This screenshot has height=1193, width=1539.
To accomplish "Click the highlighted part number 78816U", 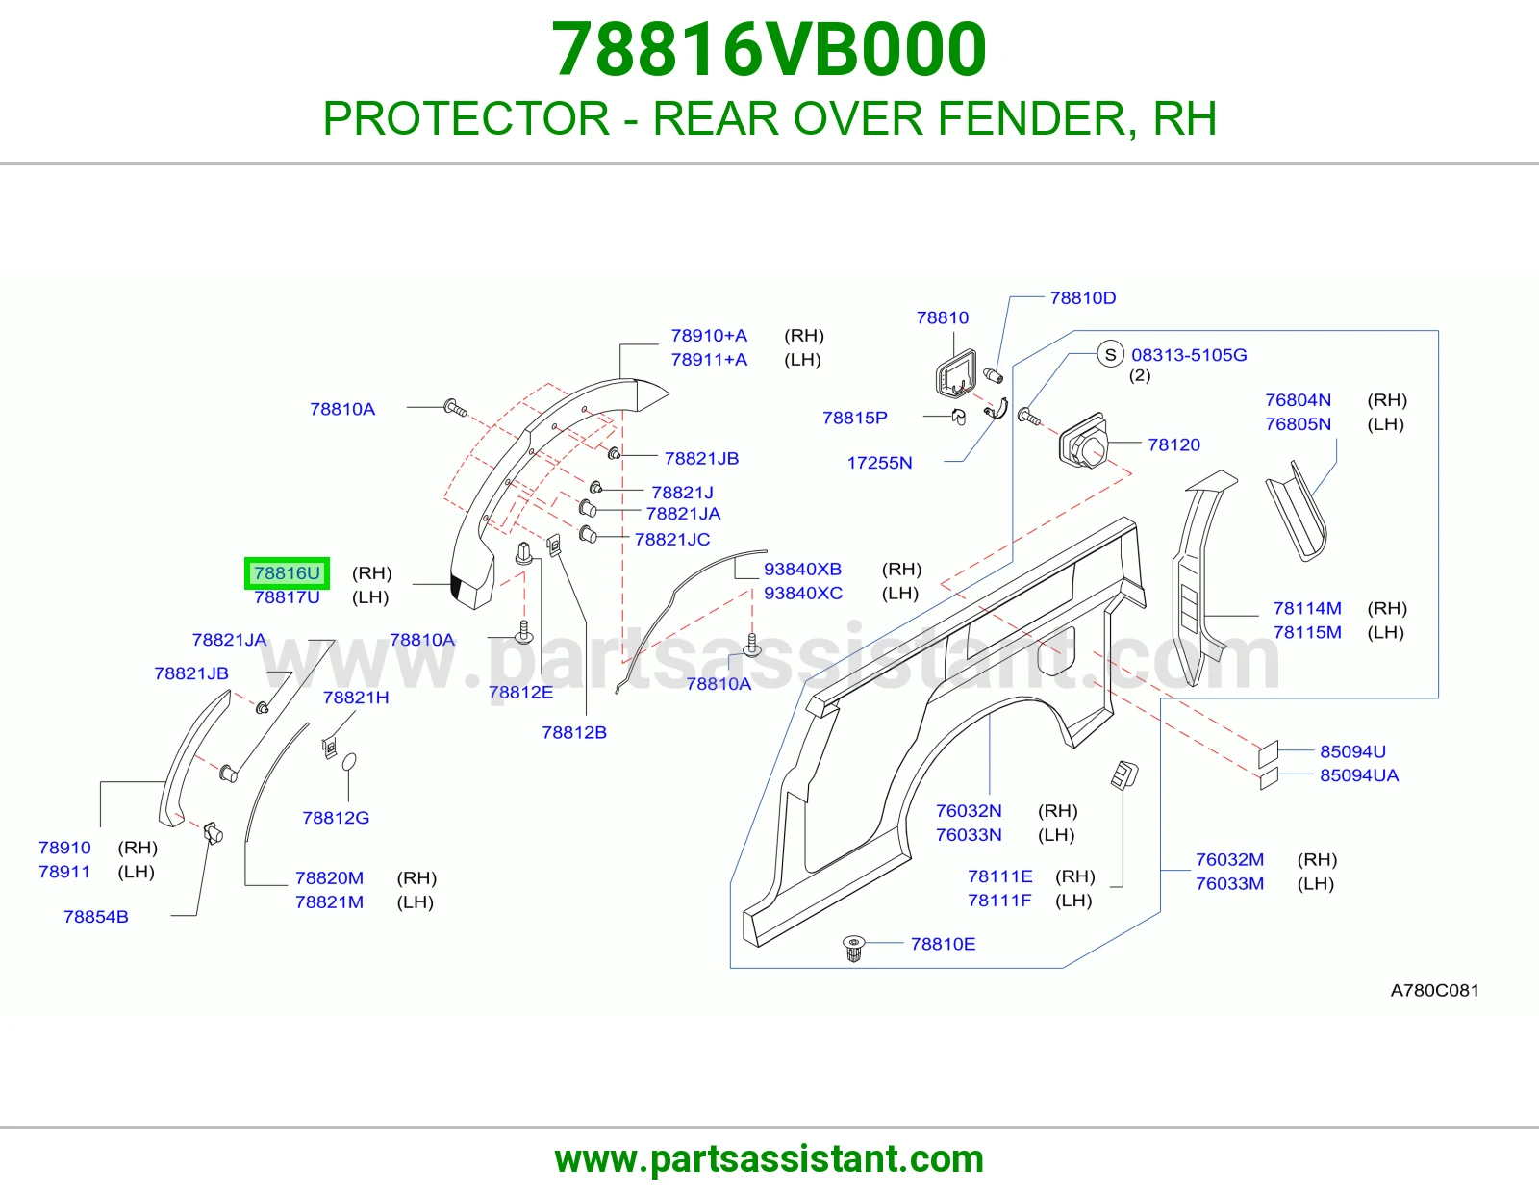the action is click(x=287, y=573).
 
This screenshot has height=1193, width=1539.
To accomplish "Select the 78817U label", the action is click(x=287, y=597).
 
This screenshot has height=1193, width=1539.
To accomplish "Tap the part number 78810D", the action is click(x=1083, y=297).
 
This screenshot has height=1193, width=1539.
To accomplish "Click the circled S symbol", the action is click(x=1111, y=354).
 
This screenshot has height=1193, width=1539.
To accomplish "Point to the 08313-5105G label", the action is click(x=1189, y=355).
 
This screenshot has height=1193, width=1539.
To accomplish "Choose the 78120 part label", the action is click(x=1174, y=444).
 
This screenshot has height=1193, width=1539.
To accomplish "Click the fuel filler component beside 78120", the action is click(x=1082, y=442).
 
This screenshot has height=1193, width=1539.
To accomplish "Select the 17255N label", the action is click(x=879, y=463).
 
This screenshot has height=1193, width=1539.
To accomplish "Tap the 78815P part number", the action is click(x=855, y=418).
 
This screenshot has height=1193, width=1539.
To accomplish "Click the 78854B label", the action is click(x=96, y=917).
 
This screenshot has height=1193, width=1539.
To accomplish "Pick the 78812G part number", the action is click(x=336, y=818).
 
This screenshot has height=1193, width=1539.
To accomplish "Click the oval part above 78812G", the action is click(x=348, y=762).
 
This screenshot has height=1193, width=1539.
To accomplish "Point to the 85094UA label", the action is click(x=1359, y=775).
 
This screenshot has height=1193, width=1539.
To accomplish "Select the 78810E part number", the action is click(x=943, y=944).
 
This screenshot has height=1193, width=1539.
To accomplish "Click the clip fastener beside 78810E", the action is click(x=853, y=948).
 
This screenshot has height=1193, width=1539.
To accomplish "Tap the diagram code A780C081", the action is click(x=1435, y=990).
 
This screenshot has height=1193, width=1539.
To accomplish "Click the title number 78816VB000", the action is click(x=769, y=49).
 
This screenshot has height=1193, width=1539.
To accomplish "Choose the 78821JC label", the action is click(x=672, y=539).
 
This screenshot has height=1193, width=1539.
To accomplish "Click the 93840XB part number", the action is click(x=802, y=569).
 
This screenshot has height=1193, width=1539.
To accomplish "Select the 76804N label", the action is click(x=1299, y=399).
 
